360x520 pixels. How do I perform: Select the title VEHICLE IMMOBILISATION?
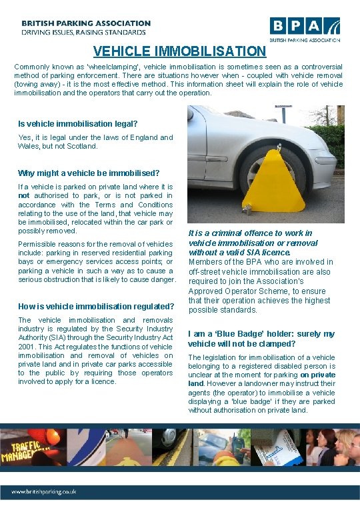pos(179,51)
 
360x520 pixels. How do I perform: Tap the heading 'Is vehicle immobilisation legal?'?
pos(78,123)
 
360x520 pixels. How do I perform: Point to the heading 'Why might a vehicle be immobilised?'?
pos(89,173)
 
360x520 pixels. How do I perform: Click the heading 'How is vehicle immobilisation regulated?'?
pos(96,306)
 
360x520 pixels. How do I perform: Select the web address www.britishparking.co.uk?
pos(43,491)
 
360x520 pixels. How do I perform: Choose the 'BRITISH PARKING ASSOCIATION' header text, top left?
pos(86,23)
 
